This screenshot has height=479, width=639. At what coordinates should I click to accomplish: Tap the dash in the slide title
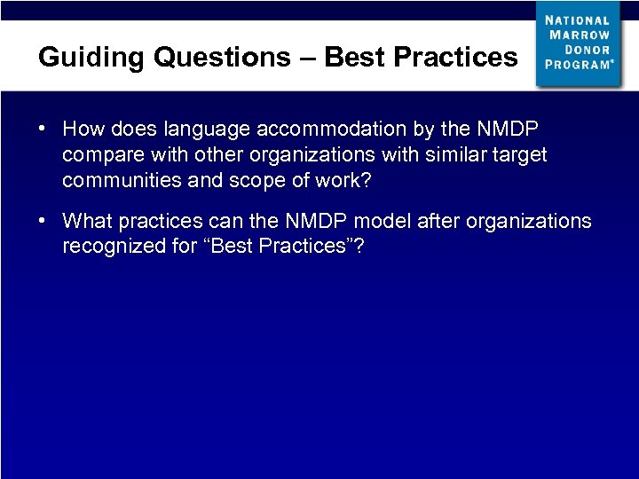coord(307,57)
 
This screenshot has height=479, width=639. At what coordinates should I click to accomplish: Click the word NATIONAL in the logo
coord(578,20)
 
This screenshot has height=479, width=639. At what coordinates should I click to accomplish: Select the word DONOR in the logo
coord(591,50)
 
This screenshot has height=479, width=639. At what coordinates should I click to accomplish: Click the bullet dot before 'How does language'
coord(43,130)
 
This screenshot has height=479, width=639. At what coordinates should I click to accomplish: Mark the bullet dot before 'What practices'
coord(43,220)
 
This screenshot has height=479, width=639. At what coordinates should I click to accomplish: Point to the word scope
coord(244,181)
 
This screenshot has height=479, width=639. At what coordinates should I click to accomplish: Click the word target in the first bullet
coord(519,155)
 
